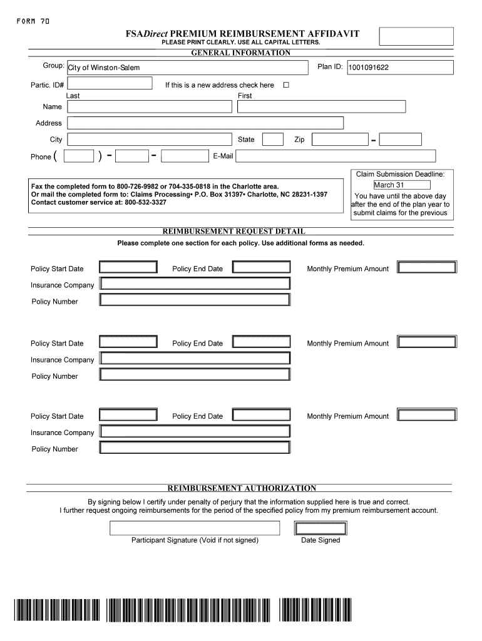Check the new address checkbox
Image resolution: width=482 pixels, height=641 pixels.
point(286,85)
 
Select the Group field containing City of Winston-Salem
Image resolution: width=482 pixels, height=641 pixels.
point(187,68)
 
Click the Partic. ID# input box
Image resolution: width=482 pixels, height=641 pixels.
point(109,84)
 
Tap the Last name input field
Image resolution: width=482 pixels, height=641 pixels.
point(149,107)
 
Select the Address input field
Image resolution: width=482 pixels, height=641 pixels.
point(205,123)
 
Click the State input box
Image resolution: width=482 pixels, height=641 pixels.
point(272,140)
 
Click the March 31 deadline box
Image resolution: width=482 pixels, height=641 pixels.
point(401,185)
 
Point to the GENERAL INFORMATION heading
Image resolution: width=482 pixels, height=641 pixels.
point(240,53)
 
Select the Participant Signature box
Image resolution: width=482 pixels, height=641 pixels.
point(195,528)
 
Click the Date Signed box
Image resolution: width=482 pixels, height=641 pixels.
point(320,528)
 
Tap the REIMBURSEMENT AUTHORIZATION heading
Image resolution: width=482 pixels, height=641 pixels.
point(241,488)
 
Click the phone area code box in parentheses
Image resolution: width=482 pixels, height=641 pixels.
point(79,156)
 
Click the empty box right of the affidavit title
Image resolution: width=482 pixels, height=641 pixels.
point(416,36)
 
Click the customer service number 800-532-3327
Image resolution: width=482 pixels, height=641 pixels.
point(145,203)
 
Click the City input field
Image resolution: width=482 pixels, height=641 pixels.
point(149,140)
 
